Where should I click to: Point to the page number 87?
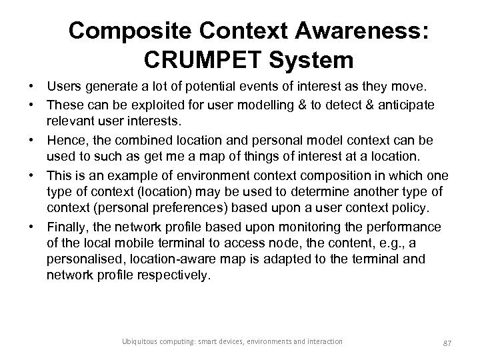click(449, 342)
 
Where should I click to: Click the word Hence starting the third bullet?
click(65, 142)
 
